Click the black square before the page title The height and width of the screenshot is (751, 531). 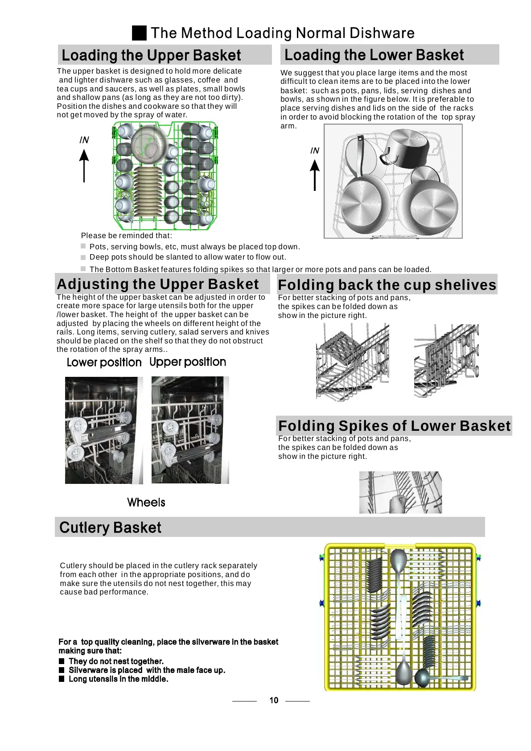tap(140, 33)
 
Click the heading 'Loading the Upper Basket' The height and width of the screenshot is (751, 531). tap(151, 55)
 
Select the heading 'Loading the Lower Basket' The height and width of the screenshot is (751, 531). tap(374, 55)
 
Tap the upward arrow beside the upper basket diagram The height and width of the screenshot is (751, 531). tap(84, 165)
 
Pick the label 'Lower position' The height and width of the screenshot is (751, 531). tap(104, 362)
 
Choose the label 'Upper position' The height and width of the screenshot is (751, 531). tap(188, 362)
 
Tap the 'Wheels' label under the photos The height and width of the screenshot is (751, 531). tap(146, 503)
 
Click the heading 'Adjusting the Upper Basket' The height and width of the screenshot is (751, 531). tap(158, 284)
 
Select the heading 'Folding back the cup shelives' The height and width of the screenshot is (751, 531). tap(387, 285)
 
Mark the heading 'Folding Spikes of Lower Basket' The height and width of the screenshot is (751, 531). tap(394, 426)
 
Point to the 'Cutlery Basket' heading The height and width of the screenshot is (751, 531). tap(110, 528)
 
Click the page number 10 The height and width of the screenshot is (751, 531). tap(274, 700)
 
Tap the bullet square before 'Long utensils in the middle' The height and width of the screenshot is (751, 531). tap(62, 679)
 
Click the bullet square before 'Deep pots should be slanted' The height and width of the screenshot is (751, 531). tap(83, 257)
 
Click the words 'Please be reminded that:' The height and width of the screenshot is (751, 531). tap(126, 235)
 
